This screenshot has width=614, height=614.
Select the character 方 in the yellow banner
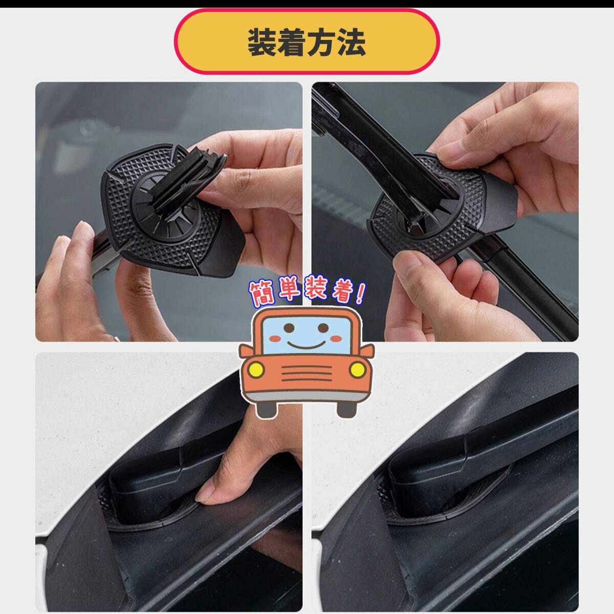[321, 42]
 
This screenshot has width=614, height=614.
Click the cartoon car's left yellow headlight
[255, 370]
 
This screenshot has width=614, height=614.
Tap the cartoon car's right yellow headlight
[357, 370]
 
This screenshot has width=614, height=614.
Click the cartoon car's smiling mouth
[306, 345]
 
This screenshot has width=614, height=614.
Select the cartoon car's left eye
[289, 327]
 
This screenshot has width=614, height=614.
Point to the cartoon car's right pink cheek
[336, 338]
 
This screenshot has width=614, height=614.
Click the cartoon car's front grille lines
[306, 373]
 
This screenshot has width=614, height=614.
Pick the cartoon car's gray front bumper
[306, 395]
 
